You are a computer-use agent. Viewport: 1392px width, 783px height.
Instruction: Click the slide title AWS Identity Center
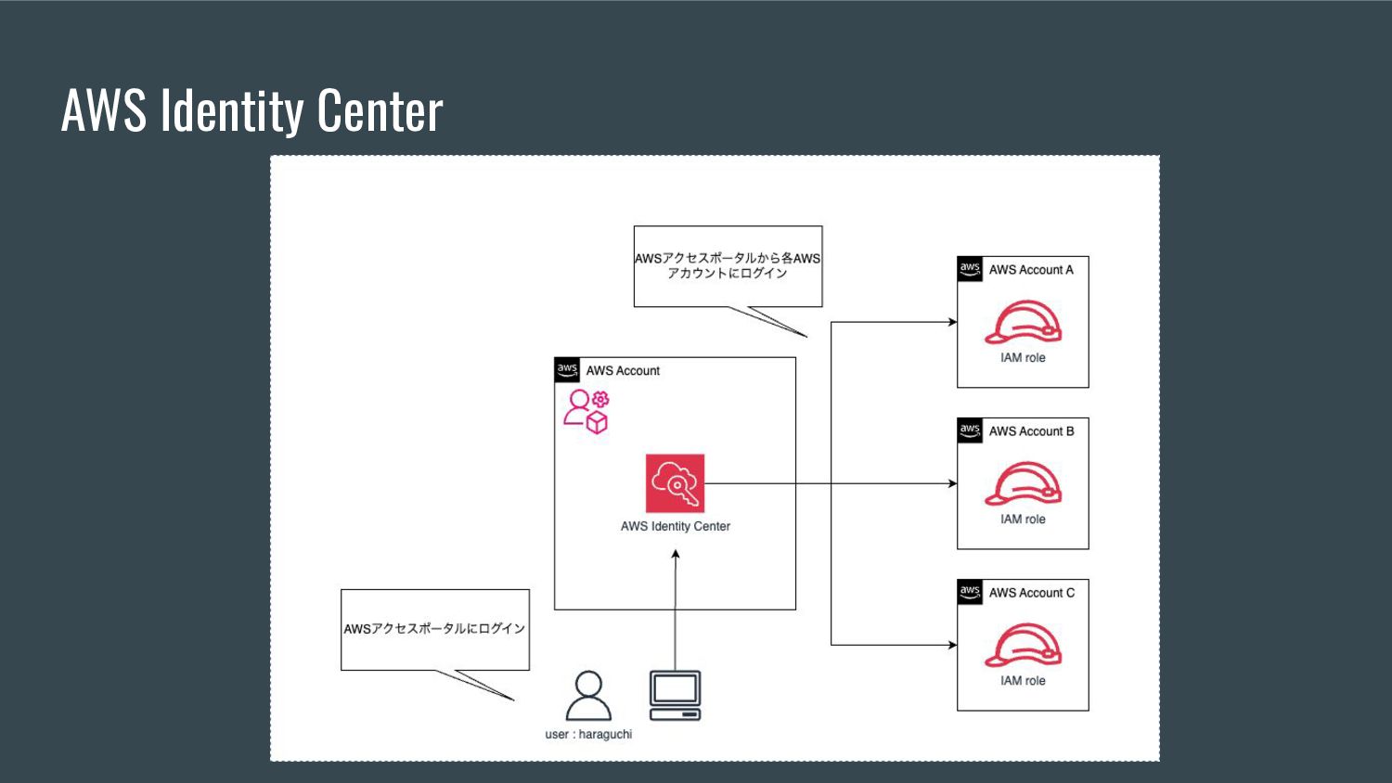coord(251,110)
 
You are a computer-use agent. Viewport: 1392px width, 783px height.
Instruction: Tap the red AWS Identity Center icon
coord(675,483)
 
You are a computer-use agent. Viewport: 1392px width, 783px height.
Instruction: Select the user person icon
coord(588,696)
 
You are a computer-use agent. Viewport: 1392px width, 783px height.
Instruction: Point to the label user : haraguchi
coord(588,734)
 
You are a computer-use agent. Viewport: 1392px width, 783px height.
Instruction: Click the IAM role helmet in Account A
coord(1023,322)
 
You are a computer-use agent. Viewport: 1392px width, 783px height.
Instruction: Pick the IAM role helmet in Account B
coord(1023,483)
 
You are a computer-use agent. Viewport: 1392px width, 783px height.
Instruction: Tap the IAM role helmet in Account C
coord(1023,645)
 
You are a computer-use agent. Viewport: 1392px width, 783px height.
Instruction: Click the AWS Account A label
coord(1031,270)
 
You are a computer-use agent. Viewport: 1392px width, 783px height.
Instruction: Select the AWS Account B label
coord(1031,431)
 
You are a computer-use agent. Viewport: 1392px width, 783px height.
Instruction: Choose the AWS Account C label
coord(1031,593)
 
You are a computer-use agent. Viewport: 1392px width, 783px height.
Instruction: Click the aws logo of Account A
coord(970,269)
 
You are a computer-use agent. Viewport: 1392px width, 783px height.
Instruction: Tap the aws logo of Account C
coord(970,592)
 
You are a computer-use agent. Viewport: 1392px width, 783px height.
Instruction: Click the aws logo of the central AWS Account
coord(567,369)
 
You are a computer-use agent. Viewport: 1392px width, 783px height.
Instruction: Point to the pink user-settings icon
coord(586,411)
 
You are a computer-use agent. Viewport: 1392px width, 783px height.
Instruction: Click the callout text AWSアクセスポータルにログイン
coord(434,629)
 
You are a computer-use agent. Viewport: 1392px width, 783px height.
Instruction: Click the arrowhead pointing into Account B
coord(952,483)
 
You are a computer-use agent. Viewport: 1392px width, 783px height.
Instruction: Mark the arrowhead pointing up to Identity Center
coord(676,555)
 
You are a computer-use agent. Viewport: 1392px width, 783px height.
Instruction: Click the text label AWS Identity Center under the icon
coord(676,526)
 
